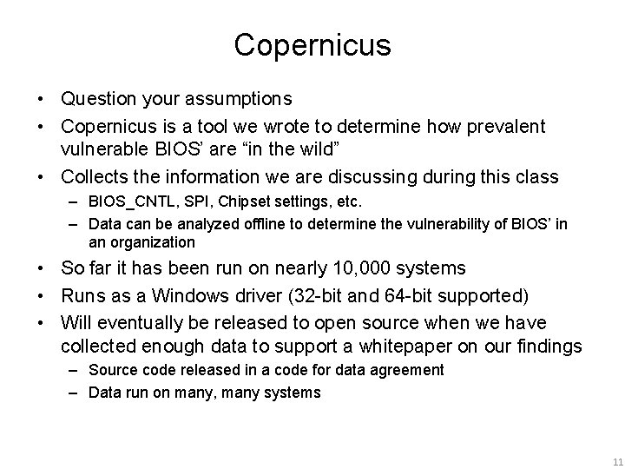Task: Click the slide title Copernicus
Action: tap(312, 46)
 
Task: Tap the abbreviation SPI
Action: tap(187, 201)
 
